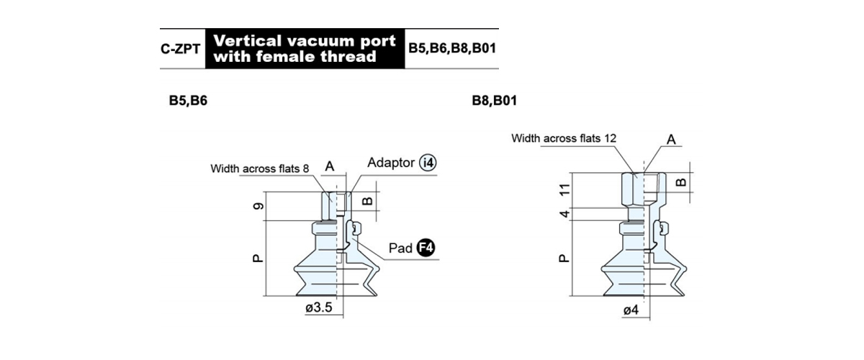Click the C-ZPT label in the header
180,49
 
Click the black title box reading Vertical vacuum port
305,49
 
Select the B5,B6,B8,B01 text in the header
452,49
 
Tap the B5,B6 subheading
188,101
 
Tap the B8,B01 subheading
494,101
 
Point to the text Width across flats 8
260,168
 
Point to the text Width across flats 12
564,138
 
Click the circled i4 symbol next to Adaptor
428,163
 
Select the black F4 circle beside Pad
426,248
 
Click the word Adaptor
391,163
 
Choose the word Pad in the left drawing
400,248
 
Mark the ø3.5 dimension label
318,307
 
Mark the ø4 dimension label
631,310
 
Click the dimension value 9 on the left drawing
258,206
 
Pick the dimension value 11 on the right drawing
564,190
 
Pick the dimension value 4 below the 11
564,213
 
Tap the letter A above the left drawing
330,166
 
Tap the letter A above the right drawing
671,139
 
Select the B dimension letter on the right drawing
681,182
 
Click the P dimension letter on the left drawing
258,258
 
